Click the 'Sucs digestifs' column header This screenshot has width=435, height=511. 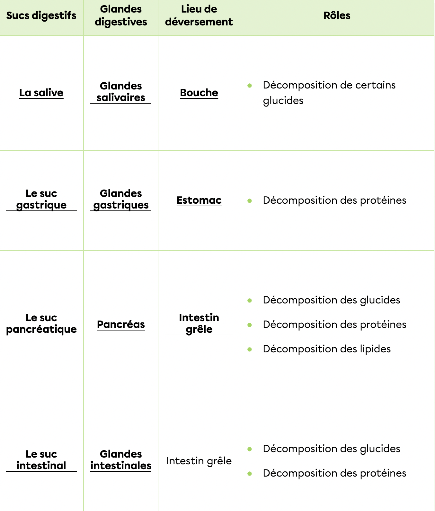pos(41,15)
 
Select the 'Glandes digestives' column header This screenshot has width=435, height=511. pos(121,15)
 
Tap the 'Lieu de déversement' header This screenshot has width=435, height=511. pos(199,15)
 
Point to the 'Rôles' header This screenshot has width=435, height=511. pos(337,15)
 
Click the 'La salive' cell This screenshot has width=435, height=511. pos(41,93)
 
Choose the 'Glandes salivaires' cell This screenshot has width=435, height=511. pos(121,92)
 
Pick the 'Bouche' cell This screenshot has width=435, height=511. pos(199,93)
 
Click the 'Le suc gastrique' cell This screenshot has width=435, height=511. pos(41,199)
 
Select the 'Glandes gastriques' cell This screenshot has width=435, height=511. pos(121,199)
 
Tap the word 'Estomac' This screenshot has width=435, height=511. pos(199,200)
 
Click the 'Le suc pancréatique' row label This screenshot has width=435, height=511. pos(41,323)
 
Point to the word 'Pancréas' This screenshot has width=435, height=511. pos(121,324)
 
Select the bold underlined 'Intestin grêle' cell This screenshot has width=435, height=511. pos(199,323)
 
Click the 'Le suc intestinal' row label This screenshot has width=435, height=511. pos(41,460)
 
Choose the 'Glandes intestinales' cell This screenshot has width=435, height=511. pos(121,460)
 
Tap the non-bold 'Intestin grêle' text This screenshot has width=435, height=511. pos(199,461)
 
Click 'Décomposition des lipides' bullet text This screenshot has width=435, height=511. pos(327,349)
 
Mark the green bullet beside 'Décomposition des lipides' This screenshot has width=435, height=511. pos(250,349)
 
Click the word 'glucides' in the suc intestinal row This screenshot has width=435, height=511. pos(380,449)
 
